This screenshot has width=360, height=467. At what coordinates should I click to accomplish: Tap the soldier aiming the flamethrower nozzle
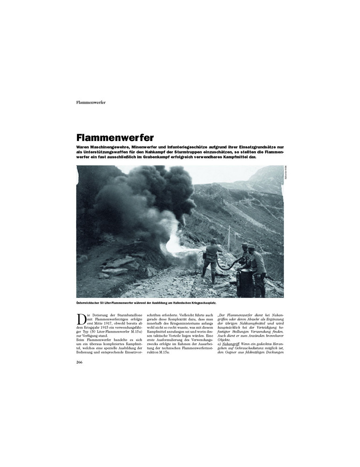point(212,259)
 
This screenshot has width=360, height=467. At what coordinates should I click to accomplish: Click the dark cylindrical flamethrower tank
point(244,282)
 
